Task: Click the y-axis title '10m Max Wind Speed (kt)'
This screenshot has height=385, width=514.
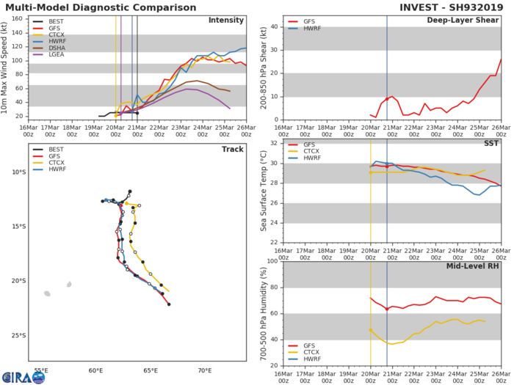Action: (7, 66)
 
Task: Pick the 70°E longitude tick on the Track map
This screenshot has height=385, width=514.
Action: (205, 370)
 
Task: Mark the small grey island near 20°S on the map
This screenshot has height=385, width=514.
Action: (70, 285)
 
